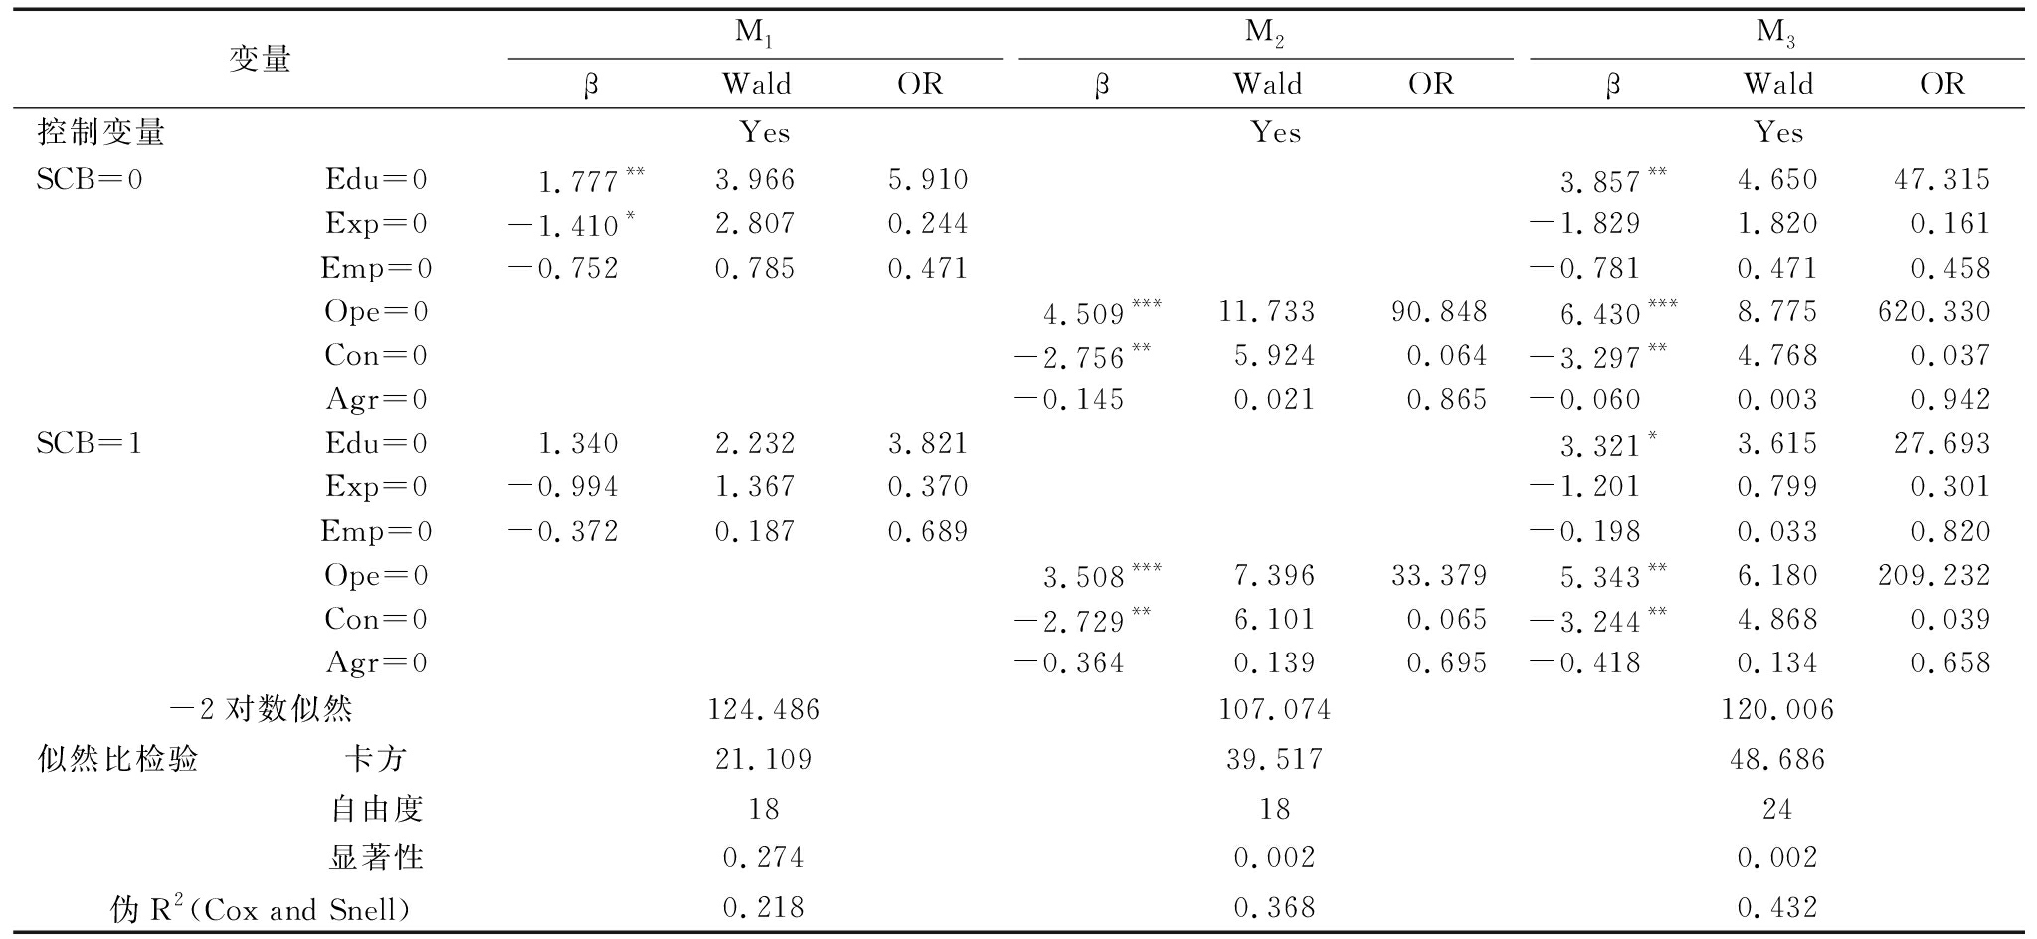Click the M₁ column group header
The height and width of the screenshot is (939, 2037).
coord(754,34)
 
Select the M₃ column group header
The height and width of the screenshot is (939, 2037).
coord(1776,34)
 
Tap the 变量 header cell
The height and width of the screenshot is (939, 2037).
coord(260,60)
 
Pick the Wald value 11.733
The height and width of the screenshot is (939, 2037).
coord(1267,312)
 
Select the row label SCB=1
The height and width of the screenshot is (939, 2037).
coord(90,443)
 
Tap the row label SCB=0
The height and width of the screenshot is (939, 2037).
coord(90,180)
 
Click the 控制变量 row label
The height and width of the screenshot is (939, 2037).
coord(101,132)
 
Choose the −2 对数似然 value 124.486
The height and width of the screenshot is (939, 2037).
coord(763,709)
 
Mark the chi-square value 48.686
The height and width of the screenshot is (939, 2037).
coord(1777,760)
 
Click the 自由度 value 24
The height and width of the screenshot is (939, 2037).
coord(1777,809)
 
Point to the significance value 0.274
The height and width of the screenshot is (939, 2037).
coord(763,857)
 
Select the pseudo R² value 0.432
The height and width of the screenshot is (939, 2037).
coord(1777,907)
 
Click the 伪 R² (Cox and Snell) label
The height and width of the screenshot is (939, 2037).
coord(260,908)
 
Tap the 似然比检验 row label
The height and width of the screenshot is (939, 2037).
coord(117,760)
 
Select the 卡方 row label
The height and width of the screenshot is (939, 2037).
coord(376,760)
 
